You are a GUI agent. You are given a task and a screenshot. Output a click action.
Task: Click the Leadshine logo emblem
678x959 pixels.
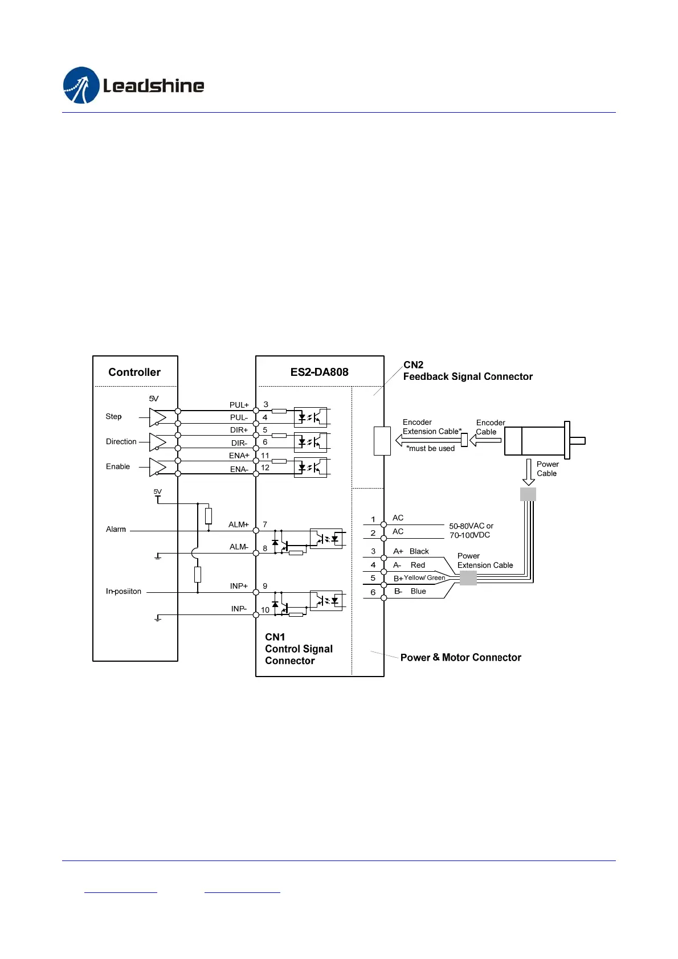81,85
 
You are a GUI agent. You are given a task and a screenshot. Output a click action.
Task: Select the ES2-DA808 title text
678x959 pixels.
319,372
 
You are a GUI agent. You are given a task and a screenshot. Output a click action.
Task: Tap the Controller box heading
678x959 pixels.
134,372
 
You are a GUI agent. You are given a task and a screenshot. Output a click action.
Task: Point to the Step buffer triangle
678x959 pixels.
157,417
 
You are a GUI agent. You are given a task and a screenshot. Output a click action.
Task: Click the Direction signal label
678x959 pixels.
121,441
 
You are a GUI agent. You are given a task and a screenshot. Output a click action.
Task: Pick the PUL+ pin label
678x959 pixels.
239,405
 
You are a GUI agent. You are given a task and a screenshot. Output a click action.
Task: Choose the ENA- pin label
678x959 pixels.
239,469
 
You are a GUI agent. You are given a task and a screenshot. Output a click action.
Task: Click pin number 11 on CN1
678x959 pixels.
265,456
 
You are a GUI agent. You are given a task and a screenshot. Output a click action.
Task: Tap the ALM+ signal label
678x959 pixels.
239,524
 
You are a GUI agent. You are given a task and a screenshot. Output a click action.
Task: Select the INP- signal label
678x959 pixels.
239,609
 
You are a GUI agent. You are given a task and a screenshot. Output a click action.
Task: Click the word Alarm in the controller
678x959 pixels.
116,529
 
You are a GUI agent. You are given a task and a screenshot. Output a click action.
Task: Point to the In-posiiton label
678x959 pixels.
124,591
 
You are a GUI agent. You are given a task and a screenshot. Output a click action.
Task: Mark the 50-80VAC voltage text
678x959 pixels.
471,526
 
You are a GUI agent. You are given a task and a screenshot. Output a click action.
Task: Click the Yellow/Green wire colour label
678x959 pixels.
424,577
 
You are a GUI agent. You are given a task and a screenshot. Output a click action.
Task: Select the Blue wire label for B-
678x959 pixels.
418,591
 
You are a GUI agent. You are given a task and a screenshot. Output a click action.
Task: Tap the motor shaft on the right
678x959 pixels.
577,440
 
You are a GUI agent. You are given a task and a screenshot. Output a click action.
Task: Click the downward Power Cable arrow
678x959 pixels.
529,472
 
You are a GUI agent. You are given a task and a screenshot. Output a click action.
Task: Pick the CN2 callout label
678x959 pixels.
413,364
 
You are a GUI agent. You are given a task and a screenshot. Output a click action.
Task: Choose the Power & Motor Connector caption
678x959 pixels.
460,657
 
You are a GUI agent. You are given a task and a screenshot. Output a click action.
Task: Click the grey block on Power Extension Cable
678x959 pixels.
468,577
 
